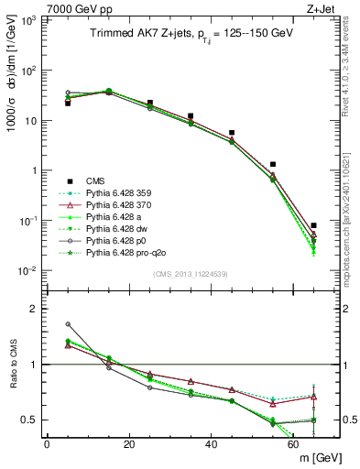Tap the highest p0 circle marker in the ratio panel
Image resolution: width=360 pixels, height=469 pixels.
click(x=68, y=324)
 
